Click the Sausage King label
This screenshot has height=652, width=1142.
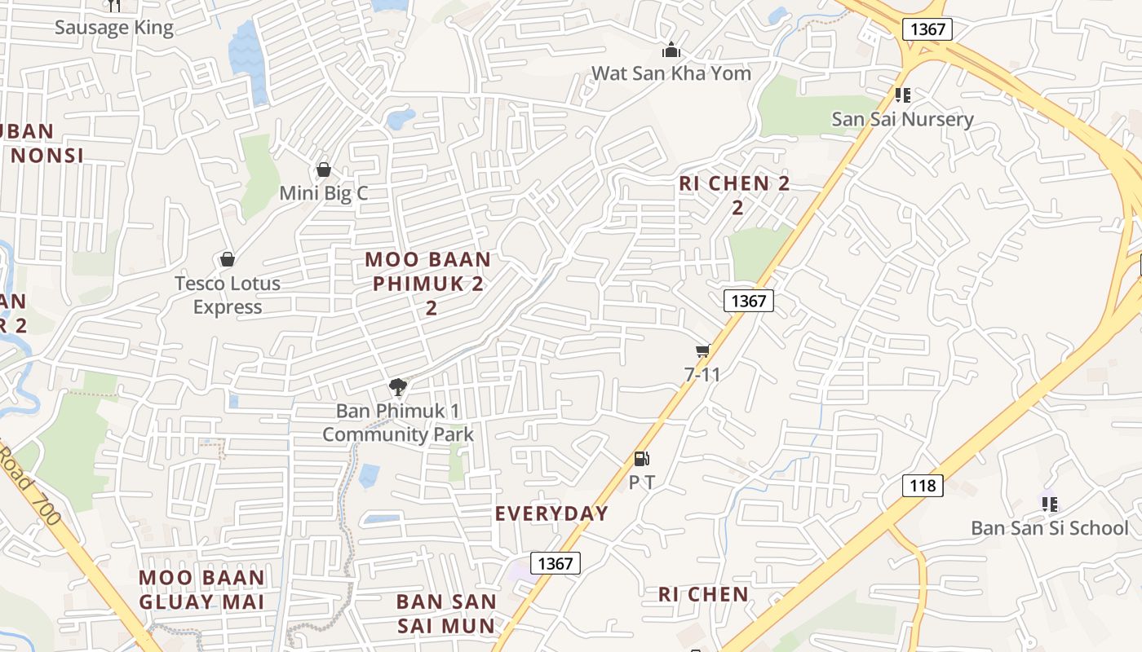click(x=114, y=28)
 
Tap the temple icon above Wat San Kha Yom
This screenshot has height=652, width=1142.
click(x=671, y=51)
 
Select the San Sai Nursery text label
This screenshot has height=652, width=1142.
click(x=902, y=119)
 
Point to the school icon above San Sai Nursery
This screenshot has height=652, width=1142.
click(x=902, y=95)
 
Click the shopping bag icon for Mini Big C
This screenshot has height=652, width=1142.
click(x=324, y=170)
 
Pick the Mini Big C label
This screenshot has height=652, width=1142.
click(x=324, y=193)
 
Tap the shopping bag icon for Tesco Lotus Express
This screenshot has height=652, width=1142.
click(x=228, y=259)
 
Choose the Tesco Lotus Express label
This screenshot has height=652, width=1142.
click(x=228, y=295)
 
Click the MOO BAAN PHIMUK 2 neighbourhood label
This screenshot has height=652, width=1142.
click(x=429, y=283)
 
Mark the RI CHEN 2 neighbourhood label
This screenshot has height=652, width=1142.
click(x=735, y=195)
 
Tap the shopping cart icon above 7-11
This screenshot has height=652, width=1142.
click(x=702, y=350)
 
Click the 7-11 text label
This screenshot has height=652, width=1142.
click(x=702, y=375)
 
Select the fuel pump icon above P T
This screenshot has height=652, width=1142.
click(x=642, y=459)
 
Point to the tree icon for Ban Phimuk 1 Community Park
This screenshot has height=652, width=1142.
click(x=398, y=386)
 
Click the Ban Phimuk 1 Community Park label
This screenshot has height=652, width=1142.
click(x=398, y=422)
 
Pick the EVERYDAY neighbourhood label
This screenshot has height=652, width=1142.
click(x=552, y=513)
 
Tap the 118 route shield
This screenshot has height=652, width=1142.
click(x=923, y=486)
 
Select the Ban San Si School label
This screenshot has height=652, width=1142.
click(x=1049, y=528)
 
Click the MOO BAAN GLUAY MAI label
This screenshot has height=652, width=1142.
click(x=201, y=590)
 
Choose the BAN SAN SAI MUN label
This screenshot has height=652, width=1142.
click(x=446, y=614)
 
